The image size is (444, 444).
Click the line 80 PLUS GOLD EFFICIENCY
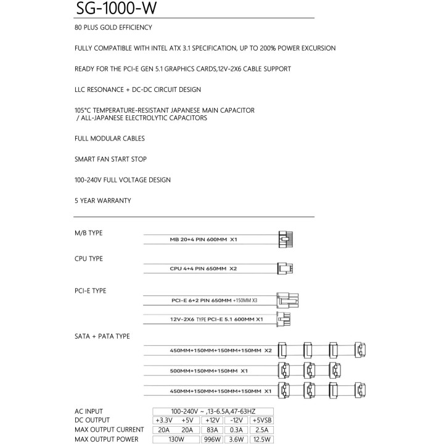tap(113, 28)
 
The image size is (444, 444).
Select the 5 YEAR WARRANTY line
tap(102, 200)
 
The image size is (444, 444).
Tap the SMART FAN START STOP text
tap(110, 159)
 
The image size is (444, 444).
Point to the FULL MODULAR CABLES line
tap(109, 138)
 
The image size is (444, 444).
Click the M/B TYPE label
tap(88, 233)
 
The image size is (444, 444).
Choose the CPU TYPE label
tap(88, 258)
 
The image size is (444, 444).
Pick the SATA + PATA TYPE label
tap(102, 336)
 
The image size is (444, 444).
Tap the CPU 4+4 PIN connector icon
tap(285, 268)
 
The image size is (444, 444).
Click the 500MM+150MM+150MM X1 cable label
tap(208, 371)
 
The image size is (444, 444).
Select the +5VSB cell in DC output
tap(261, 421)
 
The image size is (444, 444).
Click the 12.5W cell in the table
tap(261, 439)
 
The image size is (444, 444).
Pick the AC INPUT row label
tap(89, 411)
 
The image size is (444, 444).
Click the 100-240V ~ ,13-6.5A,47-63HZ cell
tap(213, 411)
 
